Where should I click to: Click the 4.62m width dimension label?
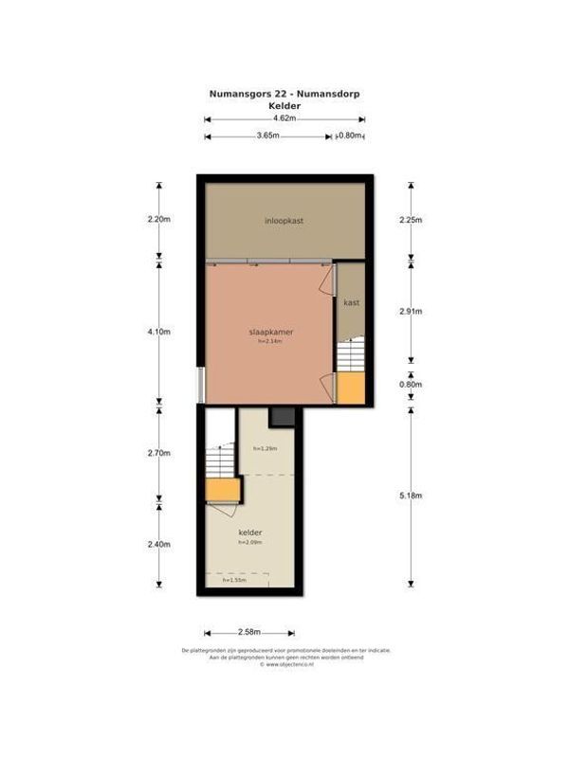(x=284, y=119)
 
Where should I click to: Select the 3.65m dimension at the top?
(x=267, y=136)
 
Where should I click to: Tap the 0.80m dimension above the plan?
(x=350, y=136)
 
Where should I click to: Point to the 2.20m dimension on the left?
(x=158, y=219)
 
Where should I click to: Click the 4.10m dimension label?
(x=158, y=332)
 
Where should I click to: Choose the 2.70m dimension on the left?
(x=158, y=453)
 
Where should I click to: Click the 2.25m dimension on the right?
(x=411, y=219)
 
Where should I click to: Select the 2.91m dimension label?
(x=411, y=311)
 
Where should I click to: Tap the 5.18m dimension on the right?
(x=411, y=496)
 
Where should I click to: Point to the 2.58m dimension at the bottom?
(x=248, y=631)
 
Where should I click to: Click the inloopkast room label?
(x=284, y=220)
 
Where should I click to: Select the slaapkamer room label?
(x=269, y=333)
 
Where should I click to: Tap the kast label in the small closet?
(x=352, y=302)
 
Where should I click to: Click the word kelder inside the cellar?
(x=250, y=532)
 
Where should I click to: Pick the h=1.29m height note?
(x=265, y=448)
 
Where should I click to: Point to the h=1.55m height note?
(x=233, y=580)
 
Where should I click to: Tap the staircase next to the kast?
(x=350, y=356)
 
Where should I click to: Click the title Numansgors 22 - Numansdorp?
(x=284, y=94)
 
